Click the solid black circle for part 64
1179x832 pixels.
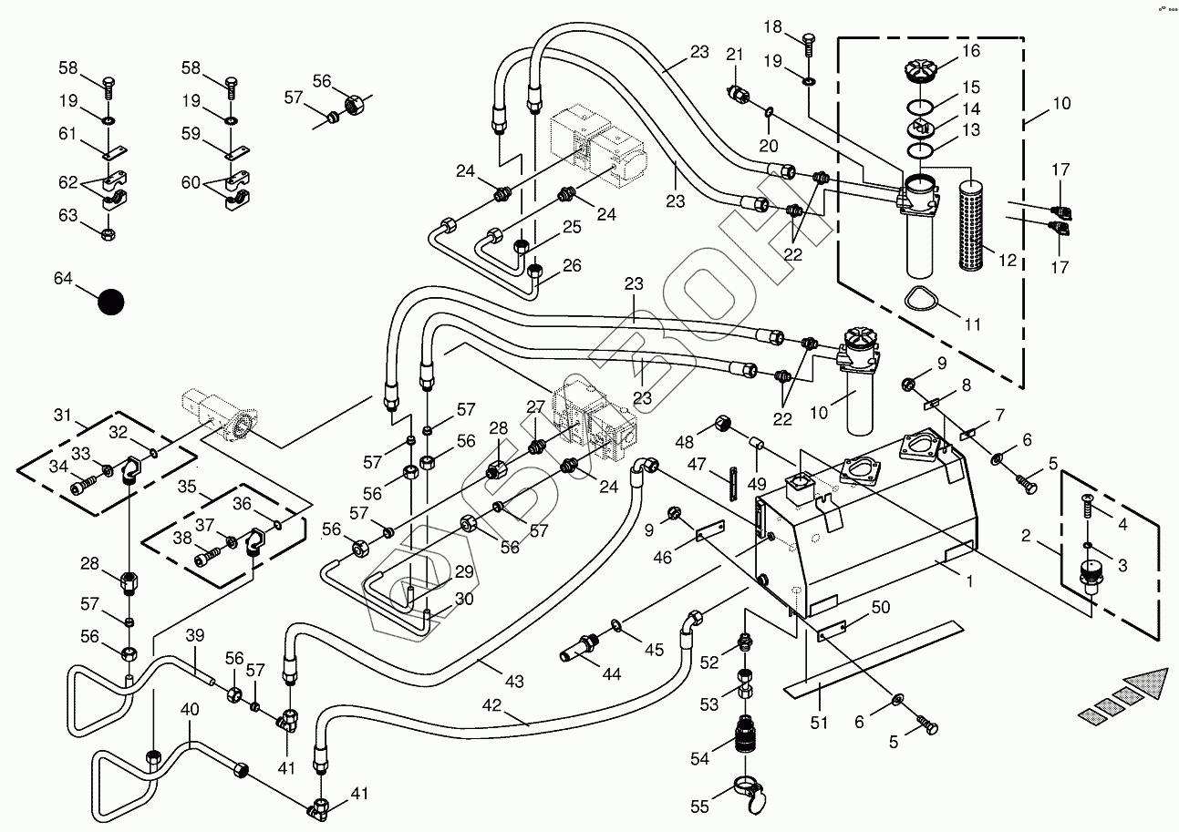pyautogui.click(x=110, y=303)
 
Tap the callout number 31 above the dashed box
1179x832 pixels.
pyautogui.click(x=61, y=416)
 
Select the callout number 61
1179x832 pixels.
pyautogui.click(x=68, y=135)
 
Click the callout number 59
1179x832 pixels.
pyautogui.click(x=191, y=135)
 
